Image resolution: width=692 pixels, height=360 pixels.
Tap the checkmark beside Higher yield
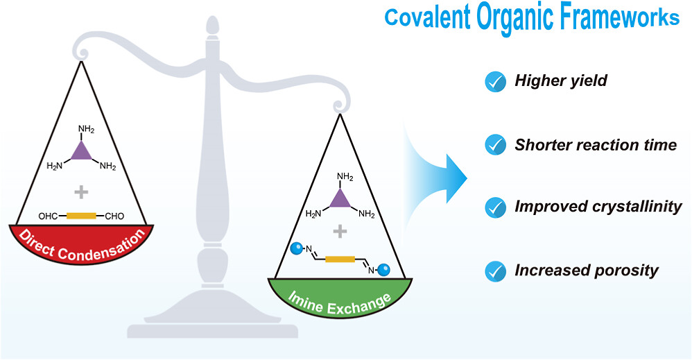(495, 81)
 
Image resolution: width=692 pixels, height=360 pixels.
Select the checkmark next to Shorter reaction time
(495, 145)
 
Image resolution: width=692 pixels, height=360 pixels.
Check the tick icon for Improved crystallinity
(495, 207)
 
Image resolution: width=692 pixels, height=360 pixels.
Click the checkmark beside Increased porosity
(495, 271)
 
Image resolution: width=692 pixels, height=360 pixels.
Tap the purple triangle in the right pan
(340, 200)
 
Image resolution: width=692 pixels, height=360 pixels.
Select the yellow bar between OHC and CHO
(81, 216)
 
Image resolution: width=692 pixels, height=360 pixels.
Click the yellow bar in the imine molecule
(340, 259)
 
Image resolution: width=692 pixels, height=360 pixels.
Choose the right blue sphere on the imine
(383, 269)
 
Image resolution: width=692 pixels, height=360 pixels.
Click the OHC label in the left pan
(48, 216)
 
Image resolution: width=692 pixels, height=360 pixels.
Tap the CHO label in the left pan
(114, 216)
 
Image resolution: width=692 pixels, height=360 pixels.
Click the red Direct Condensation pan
(82, 244)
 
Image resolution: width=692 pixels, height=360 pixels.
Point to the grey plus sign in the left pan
(81, 192)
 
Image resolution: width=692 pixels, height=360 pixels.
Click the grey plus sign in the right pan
(340, 231)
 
